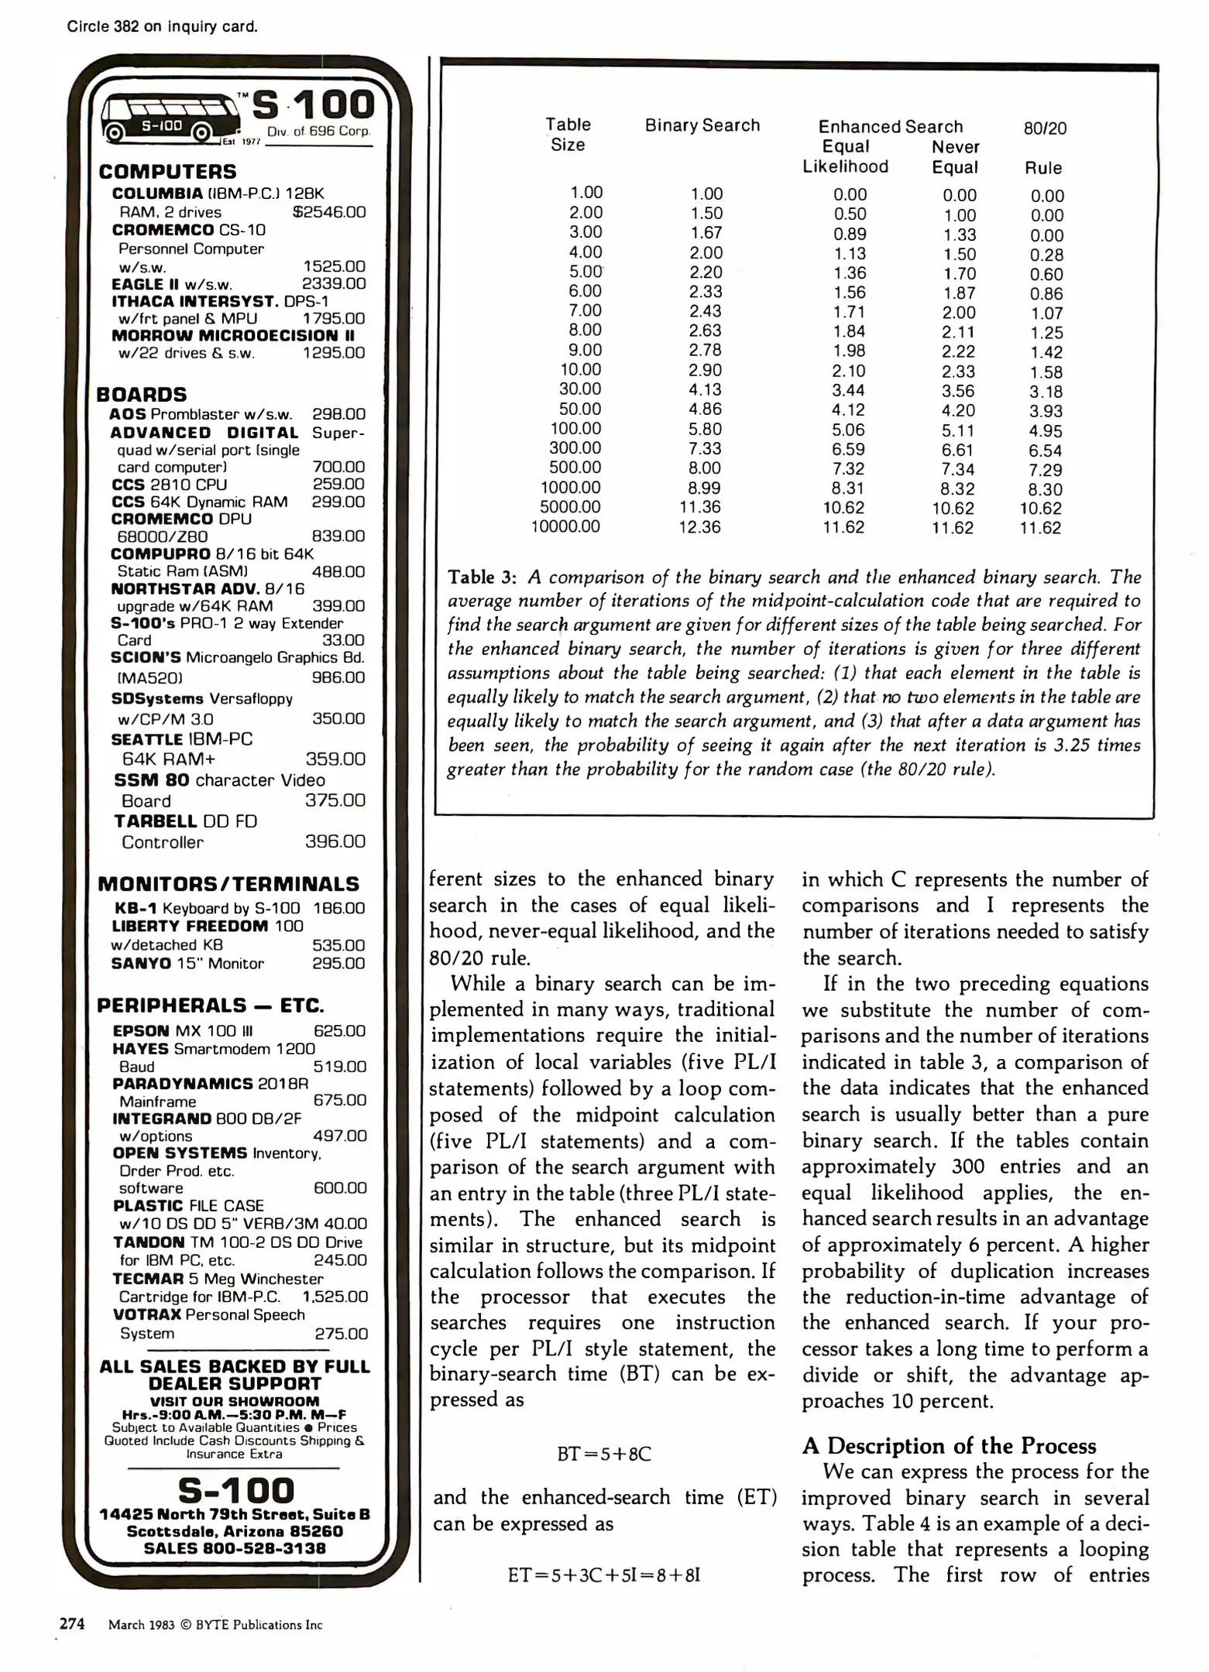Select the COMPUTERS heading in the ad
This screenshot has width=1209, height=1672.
167,172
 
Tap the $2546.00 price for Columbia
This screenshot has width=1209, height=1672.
329,212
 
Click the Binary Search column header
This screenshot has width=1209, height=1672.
702,125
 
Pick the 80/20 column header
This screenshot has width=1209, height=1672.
1045,129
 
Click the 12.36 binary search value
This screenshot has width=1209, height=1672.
705,527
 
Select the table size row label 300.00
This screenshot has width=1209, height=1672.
575,448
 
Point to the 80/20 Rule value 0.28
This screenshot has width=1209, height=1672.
1046,255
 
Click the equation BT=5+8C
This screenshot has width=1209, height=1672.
604,1454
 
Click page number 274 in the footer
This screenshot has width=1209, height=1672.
72,1624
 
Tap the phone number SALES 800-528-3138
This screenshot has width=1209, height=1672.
235,1548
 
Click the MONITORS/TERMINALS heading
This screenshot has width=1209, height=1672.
228,884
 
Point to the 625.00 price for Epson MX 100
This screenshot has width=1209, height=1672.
339,1031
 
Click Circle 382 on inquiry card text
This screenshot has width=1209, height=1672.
162,27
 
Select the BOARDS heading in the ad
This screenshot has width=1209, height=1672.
142,395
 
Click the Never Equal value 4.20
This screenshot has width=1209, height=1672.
958,411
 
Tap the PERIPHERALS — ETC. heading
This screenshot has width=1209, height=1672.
211,1006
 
